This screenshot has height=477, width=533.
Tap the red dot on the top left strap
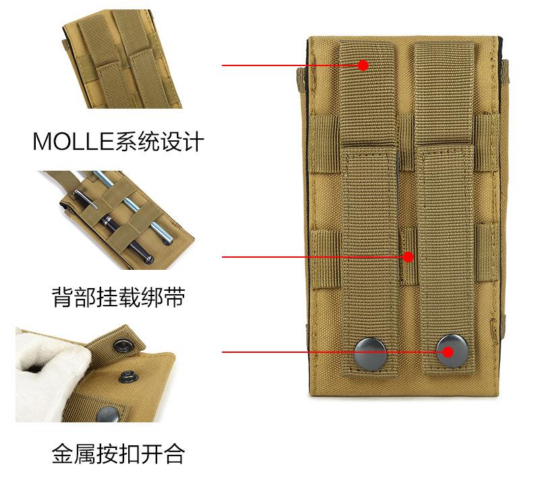363,65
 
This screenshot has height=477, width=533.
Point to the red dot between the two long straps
408,257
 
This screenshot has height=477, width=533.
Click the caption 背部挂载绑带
118,298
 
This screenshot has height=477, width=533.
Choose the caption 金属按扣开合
118,453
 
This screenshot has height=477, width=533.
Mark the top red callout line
290,65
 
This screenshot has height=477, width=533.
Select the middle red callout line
310,257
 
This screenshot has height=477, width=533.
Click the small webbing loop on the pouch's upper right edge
505,67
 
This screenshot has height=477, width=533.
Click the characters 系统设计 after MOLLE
159,142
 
